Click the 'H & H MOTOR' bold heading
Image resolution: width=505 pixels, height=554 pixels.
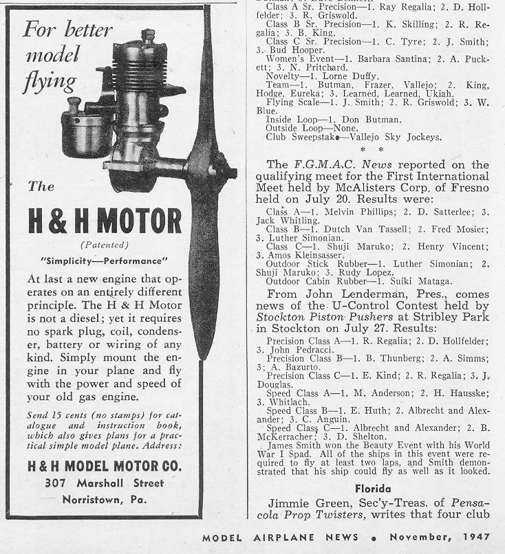(105, 221)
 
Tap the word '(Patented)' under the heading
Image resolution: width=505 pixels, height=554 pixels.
(105, 245)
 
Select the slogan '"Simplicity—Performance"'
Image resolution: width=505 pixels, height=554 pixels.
(105, 261)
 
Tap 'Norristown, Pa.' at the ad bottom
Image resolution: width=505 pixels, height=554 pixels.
(105, 500)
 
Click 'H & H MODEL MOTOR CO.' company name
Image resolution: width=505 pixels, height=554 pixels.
(105, 465)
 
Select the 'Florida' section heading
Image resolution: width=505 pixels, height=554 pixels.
(374, 489)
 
